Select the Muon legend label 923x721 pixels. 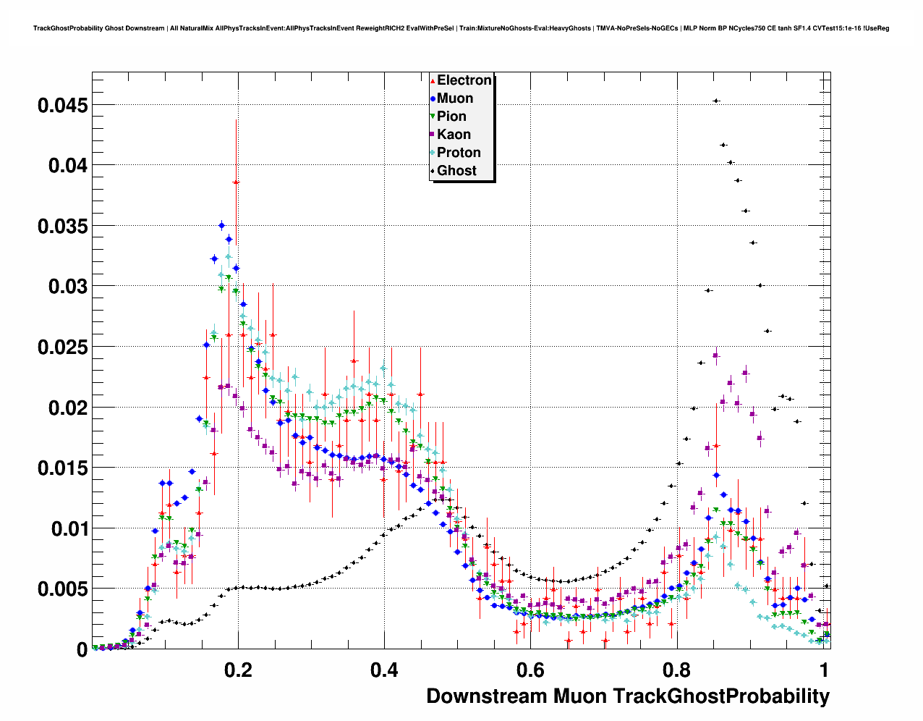pyautogui.click(x=454, y=98)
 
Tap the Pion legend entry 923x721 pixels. pyautogui.click(x=451, y=117)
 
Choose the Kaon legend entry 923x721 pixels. pyautogui.click(x=454, y=135)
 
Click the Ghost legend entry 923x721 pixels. pyautogui.click(x=456, y=171)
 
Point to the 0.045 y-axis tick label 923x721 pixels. pyautogui.click(x=63, y=106)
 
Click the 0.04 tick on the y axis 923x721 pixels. pyautogui.click(x=68, y=166)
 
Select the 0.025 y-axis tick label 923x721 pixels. pyautogui.click(x=63, y=347)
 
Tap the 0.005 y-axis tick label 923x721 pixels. pyautogui.click(x=63, y=589)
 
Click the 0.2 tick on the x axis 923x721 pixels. pyautogui.click(x=239, y=670)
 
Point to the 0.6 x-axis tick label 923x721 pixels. pyautogui.click(x=530, y=670)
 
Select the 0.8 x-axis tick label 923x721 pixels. pyautogui.click(x=676, y=670)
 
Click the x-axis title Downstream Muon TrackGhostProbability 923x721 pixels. pyautogui.click(x=628, y=696)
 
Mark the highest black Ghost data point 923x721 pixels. pyautogui.click(x=715, y=101)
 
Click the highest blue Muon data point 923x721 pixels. pyautogui.click(x=222, y=225)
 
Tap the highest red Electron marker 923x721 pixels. pyautogui.click(x=236, y=182)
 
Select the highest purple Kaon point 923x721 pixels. pyautogui.click(x=715, y=355)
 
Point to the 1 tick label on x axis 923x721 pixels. pyautogui.click(x=824, y=670)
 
